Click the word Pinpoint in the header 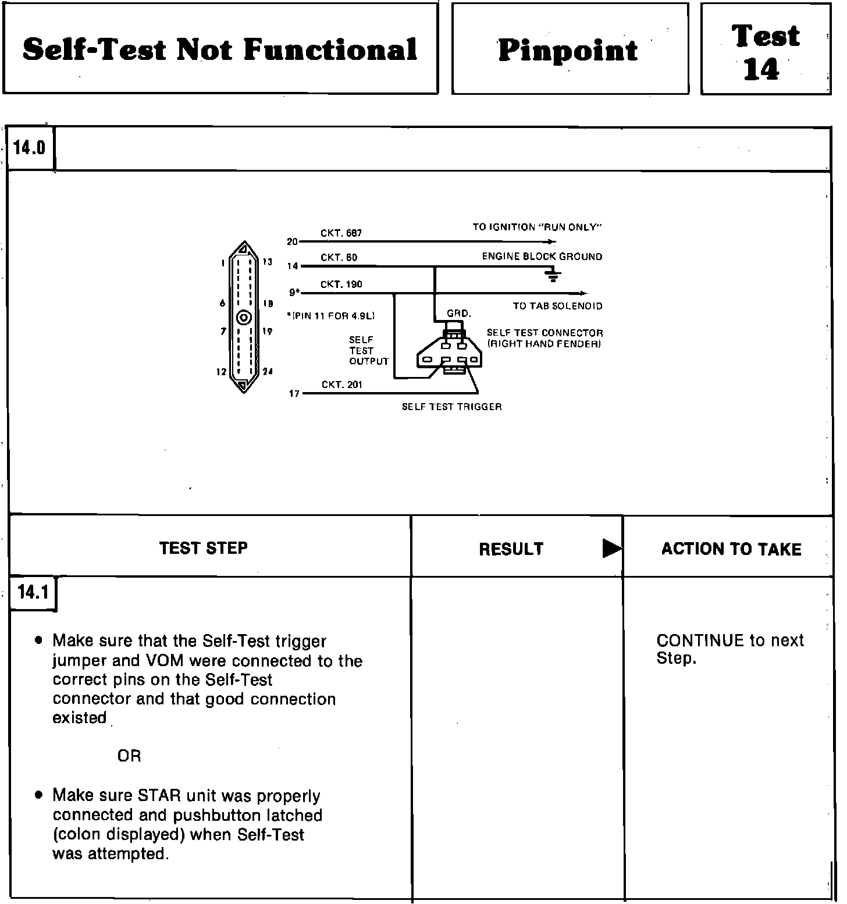tap(568, 50)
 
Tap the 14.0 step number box tap(30, 148)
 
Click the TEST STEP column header tap(204, 548)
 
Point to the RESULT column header tap(511, 549)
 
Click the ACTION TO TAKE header tap(731, 549)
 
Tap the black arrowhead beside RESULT tap(611, 549)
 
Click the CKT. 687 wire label tap(341, 233)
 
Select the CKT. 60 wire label tap(339, 258)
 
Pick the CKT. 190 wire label tap(341, 284)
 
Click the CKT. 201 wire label tap(341, 385)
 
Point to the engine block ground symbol tap(553, 275)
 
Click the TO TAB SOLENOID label tap(557, 306)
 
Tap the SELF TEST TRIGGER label tap(451, 407)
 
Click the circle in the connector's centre tap(244, 318)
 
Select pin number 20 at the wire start tap(292, 241)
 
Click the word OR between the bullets tap(129, 756)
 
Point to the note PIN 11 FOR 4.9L tap(331, 316)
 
